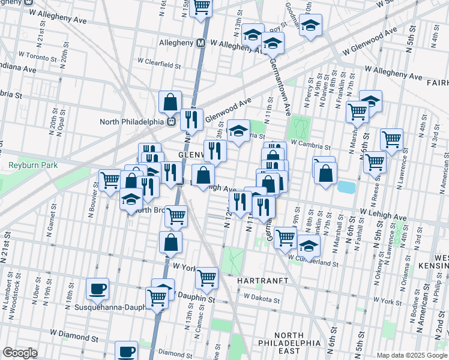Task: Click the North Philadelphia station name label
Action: point(131,122)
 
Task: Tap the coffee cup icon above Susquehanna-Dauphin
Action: point(97,289)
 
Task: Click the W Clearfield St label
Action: point(159,61)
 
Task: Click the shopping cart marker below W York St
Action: point(206,277)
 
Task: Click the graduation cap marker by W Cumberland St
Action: point(309,245)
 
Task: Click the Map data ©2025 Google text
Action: point(412,355)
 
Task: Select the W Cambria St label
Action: point(310,145)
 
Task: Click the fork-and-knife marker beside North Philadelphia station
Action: point(191,119)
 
